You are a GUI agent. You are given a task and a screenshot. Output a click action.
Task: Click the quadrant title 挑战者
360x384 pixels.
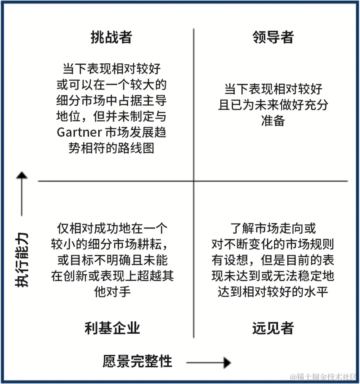[111, 37]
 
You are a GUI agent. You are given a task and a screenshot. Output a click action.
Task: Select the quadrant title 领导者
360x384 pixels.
[273, 37]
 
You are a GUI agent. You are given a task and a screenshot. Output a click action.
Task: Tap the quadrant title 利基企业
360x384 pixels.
[112, 328]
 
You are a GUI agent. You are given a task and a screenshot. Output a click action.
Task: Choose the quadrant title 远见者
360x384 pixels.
[273, 328]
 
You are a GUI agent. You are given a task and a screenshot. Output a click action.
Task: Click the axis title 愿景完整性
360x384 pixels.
[138, 362]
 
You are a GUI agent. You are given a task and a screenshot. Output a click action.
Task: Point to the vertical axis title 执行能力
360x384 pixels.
[22, 260]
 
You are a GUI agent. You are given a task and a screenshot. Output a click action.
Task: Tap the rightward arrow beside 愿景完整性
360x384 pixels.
[209, 362]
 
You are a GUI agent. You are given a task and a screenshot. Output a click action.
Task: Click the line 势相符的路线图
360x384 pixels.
[111, 148]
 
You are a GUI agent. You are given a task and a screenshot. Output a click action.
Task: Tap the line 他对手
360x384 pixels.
[112, 292]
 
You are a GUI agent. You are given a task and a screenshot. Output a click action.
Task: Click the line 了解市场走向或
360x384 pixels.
[273, 229]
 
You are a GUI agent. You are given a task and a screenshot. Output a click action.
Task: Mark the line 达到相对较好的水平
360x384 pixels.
[273, 292]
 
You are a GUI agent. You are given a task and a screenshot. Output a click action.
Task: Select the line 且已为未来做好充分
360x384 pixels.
[273, 105]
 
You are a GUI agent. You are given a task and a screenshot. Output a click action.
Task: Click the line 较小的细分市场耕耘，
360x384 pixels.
[111, 245]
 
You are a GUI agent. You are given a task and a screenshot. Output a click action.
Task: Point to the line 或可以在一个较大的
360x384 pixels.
[111, 84]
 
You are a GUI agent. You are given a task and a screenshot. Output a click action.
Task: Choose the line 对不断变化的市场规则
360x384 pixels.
[273, 245]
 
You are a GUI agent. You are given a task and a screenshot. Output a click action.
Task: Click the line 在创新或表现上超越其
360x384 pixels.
[112, 276]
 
